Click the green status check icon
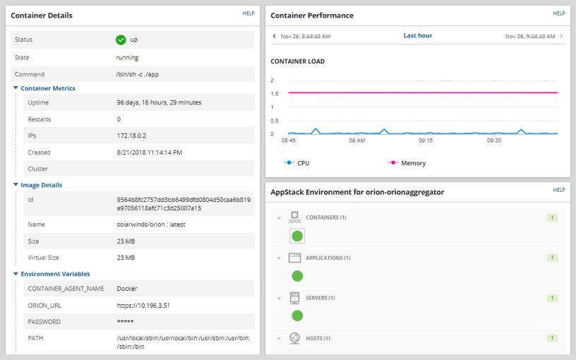pyautogui.click(x=121, y=40)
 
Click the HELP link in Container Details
pyautogui.click(x=248, y=13)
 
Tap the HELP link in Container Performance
pyautogui.click(x=559, y=13)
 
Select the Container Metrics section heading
pyautogui.click(x=48, y=88)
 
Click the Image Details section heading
pyautogui.click(x=41, y=185)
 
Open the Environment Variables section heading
pyautogui.click(x=55, y=274)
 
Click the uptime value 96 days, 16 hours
pyautogui.click(x=159, y=102)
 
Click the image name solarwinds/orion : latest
pyautogui.click(x=149, y=224)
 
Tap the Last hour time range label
pyautogui.click(x=418, y=35)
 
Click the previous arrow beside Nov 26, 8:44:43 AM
pyautogui.click(x=274, y=36)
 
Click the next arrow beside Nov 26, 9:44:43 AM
pyautogui.click(x=562, y=36)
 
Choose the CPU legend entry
pyautogui.click(x=297, y=163)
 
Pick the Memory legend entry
pyautogui.click(x=407, y=163)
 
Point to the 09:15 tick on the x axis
pyautogui.click(x=426, y=140)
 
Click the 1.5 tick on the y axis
pyautogui.click(x=274, y=94)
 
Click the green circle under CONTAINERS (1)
pyautogui.click(x=297, y=236)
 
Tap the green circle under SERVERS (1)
pyautogui.click(x=297, y=316)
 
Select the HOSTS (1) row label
pyautogui.click(x=318, y=338)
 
